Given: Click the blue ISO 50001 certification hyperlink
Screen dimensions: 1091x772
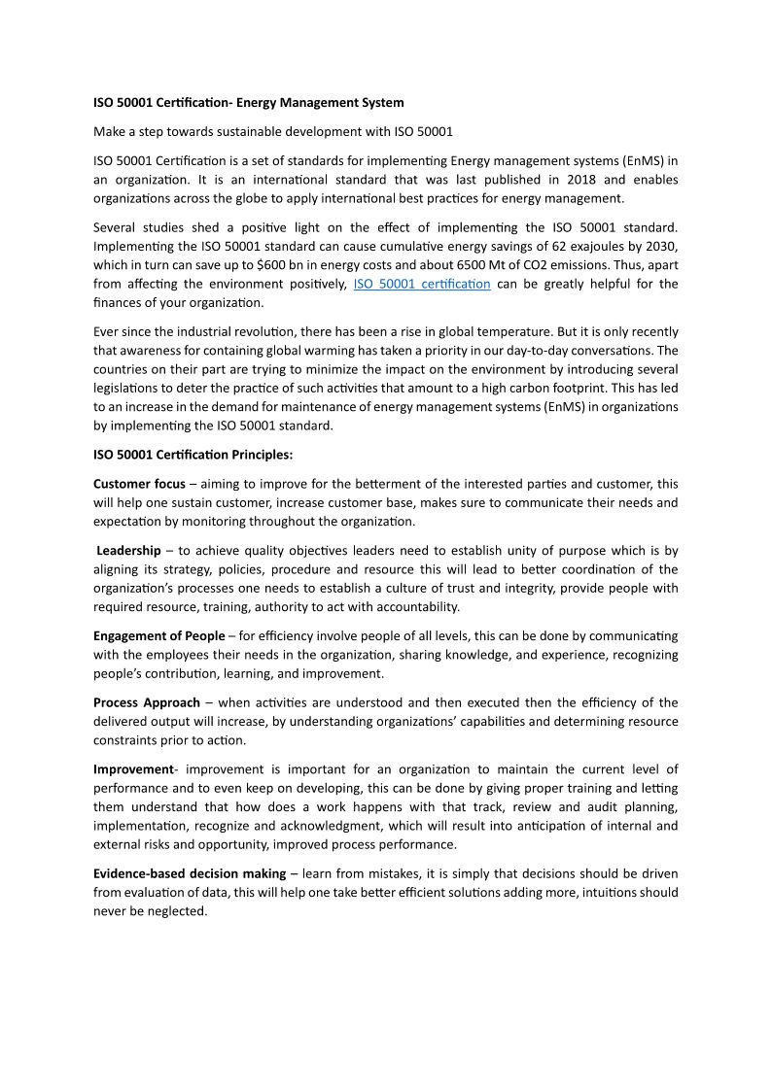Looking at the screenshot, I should (422, 284).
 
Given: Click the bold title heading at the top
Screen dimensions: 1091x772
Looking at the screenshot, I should (249, 102).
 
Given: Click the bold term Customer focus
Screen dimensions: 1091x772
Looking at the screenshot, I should (139, 484).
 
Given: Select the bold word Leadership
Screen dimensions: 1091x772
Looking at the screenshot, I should (128, 551).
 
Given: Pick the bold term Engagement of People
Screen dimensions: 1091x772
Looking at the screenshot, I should (158, 636).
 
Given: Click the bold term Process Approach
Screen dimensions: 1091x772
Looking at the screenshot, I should (147, 702).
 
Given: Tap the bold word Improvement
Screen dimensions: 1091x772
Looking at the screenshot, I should (132, 769).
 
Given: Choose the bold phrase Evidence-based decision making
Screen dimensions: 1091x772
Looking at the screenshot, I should (190, 873).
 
